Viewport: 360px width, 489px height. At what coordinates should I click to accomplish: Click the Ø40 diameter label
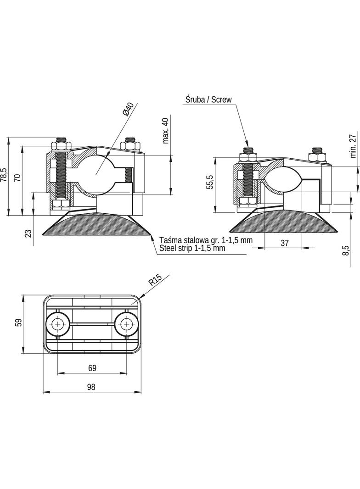pos(128,109)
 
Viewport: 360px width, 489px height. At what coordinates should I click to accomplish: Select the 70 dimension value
pos(17,178)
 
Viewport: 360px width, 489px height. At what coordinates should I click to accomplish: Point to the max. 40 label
pos(165,131)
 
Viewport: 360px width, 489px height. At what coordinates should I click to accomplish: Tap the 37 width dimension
pos(284,243)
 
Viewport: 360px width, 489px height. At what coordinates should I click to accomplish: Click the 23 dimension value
pos(28,233)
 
